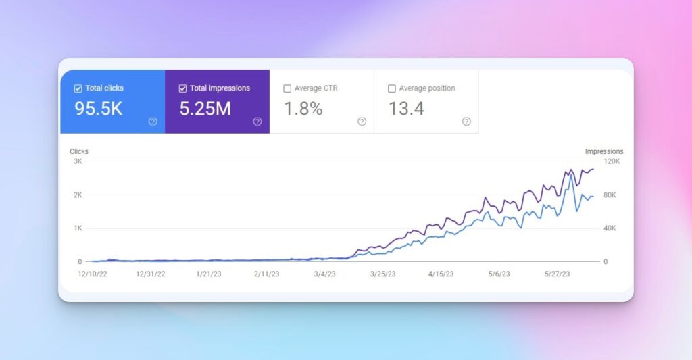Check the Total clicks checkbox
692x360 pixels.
pyautogui.click(x=78, y=88)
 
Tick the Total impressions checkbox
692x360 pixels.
pyautogui.click(x=182, y=88)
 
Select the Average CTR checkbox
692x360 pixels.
pyautogui.click(x=287, y=88)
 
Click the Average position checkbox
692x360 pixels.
pyautogui.click(x=392, y=88)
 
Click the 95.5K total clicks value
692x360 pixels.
pyautogui.click(x=99, y=109)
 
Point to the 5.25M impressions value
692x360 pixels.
pyautogui.click(x=205, y=109)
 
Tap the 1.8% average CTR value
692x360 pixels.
pyautogui.click(x=303, y=109)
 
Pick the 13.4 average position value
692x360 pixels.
pyautogui.click(x=406, y=109)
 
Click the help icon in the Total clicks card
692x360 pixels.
pyautogui.click(x=153, y=122)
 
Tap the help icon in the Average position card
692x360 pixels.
pyautogui.click(x=466, y=122)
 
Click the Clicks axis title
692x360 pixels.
pyautogui.click(x=79, y=151)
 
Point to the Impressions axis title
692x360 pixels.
pyautogui.click(x=604, y=151)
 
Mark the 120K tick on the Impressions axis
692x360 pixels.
pyautogui.click(x=611, y=161)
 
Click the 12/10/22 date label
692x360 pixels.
pyautogui.click(x=94, y=274)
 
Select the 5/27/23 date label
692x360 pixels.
pyautogui.click(x=558, y=274)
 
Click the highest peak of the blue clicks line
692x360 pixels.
pyautogui.click(x=572, y=175)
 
